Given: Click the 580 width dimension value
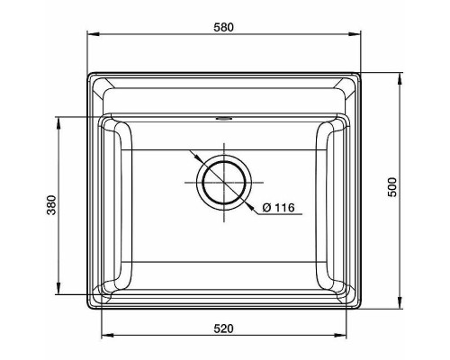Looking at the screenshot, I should pyautogui.click(x=223, y=27).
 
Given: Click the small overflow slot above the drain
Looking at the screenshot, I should pyautogui.click(x=223, y=117).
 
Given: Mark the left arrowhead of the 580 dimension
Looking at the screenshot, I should pyautogui.click(x=90, y=36).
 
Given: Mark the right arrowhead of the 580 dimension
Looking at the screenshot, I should pyautogui.click(x=358, y=36).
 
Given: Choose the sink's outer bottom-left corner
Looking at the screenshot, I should pyautogui.click(x=88, y=309).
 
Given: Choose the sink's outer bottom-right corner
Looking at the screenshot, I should pyautogui.click(x=360, y=309).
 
